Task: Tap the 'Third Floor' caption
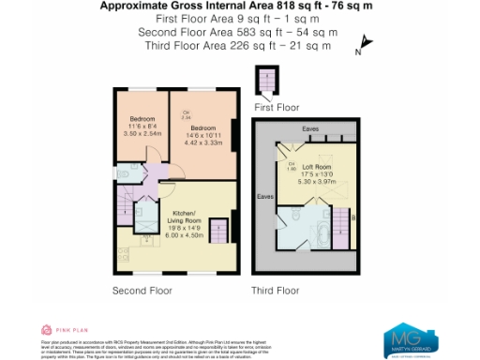[x=275, y=290]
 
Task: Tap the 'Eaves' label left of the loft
[x=265, y=197]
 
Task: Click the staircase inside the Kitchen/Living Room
[x=217, y=230]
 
